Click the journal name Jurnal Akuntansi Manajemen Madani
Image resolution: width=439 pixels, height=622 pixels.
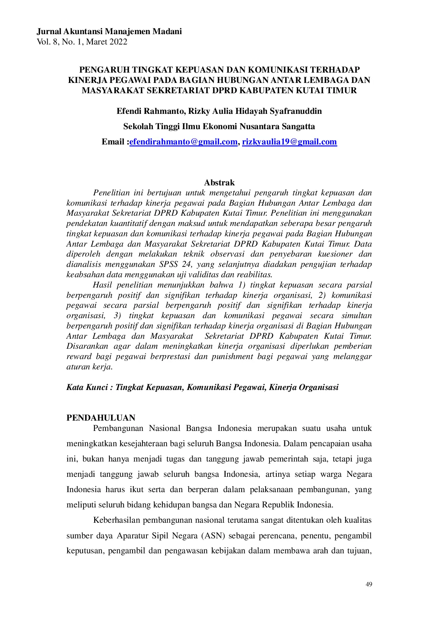[109, 32]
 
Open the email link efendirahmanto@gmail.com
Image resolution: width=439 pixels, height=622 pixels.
[183, 142]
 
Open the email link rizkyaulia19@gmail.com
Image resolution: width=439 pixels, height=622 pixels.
[289, 142]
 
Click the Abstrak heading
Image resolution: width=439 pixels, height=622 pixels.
[219, 183]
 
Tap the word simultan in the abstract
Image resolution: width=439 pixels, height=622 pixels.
[357, 316]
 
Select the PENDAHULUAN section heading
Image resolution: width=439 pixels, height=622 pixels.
[101, 418]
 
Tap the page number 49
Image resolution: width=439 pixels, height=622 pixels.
[369, 584]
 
